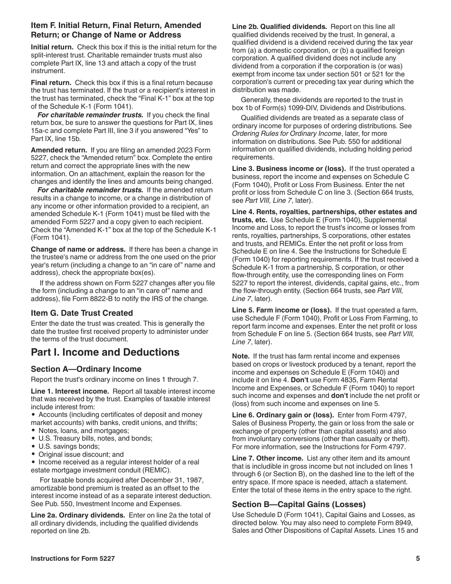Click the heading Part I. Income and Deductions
point(105,352)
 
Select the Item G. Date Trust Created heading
point(82,313)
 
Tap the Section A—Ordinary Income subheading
point(86,369)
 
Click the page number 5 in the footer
point(418,559)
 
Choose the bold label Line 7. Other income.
point(267,458)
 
